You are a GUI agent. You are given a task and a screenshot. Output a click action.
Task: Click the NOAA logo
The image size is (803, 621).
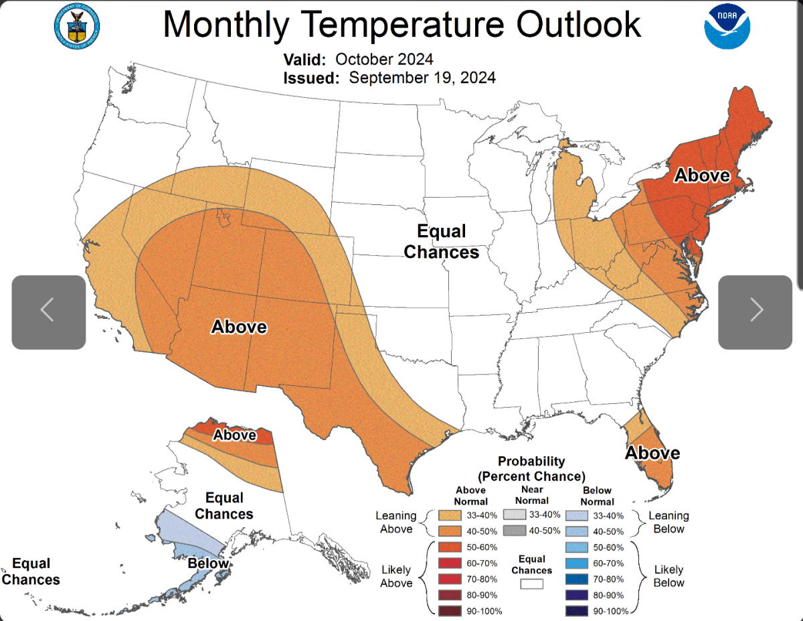(x=727, y=26)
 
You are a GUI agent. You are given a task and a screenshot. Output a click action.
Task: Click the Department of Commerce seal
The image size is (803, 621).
(x=76, y=27)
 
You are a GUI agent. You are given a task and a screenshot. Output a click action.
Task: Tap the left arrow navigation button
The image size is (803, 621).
(x=48, y=312)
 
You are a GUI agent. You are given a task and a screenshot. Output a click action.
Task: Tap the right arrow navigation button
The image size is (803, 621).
(x=755, y=312)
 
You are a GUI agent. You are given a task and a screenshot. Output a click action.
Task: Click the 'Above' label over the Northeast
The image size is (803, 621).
(x=702, y=175)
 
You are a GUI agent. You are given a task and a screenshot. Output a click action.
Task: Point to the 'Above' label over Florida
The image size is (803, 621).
(x=652, y=453)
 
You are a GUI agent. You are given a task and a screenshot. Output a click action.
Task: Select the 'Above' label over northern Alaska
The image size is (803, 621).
(x=235, y=435)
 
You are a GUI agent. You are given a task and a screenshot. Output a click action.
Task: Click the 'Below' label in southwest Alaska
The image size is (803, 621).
(x=208, y=563)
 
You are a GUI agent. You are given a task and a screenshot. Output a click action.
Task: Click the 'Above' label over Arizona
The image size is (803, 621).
(x=239, y=327)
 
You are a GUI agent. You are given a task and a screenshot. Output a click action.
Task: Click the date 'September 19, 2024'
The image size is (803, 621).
(x=422, y=78)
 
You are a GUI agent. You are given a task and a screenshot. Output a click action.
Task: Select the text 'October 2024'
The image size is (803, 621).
(x=384, y=59)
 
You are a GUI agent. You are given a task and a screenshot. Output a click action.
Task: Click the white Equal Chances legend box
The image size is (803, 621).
(x=532, y=583)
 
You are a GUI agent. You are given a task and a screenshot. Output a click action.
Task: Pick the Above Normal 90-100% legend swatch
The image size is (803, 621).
(x=450, y=611)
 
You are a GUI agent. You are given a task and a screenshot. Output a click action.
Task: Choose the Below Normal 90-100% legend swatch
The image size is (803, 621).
(x=576, y=611)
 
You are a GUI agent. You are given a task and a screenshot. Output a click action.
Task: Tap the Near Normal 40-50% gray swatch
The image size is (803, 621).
(x=515, y=531)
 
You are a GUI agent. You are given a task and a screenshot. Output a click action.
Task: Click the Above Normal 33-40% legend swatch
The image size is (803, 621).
(x=450, y=515)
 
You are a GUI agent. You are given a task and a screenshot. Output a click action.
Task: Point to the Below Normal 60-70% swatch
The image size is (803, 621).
(x=576, y=563)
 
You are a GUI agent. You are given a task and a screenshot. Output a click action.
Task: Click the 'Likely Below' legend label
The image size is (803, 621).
(x=668, y=576)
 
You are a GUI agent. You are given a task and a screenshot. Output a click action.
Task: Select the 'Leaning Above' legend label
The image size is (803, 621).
(x=396, y=523)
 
